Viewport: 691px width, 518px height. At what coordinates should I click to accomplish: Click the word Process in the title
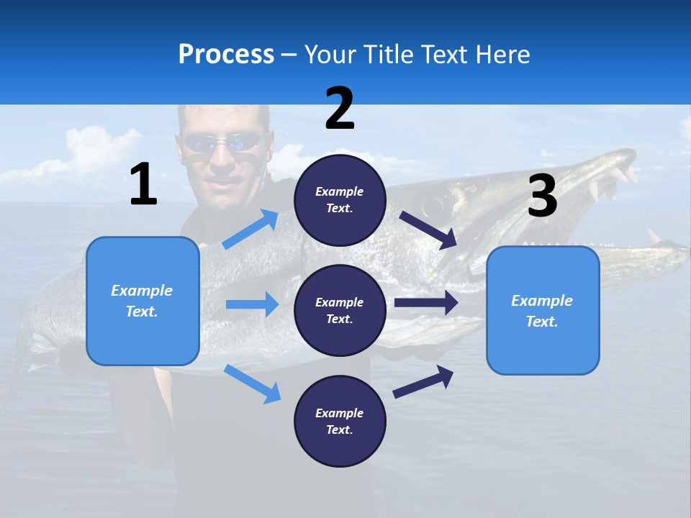(x=226, y=54)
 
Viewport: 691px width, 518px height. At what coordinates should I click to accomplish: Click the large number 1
(x=143, y=185)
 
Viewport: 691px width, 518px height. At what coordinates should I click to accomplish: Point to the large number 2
(x=340, y=109)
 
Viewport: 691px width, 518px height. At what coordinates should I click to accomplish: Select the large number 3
(x=542, y=197)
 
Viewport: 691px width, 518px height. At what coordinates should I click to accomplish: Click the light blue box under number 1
(x=143, y=301)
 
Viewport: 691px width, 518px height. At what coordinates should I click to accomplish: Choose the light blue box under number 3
(x=543, y=310)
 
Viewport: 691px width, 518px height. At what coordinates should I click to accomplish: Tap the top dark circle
(x=340, y=200)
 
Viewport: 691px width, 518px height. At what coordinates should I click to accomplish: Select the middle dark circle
(x=340, y=310)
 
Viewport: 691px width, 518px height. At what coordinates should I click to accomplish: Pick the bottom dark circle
(x=340, y=421)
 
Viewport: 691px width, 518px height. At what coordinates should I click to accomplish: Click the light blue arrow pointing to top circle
(x=250, y=230)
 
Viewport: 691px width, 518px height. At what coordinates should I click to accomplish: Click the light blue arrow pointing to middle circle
(x=251, y=304)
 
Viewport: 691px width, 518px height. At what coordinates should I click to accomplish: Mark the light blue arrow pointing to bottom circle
(x=252, y=383)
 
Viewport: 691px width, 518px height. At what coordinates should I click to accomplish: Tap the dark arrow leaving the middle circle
(x=425, y=303)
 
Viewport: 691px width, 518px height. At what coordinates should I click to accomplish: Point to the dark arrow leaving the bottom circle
(x=423, y=381)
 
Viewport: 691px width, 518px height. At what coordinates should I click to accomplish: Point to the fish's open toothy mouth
(x=612, y=180)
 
